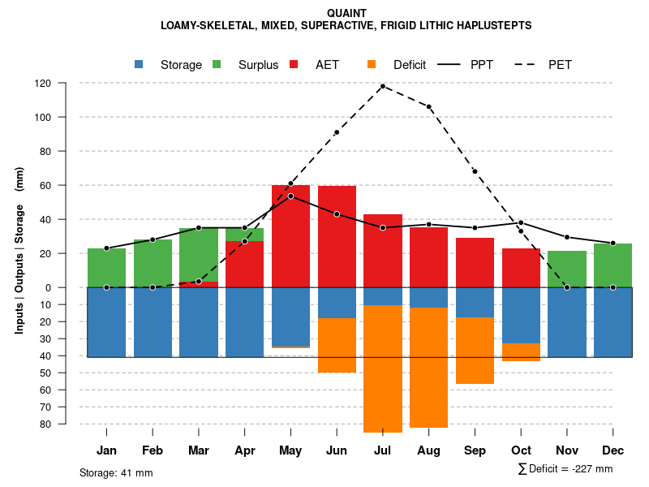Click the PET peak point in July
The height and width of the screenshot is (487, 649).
tap(382, 86)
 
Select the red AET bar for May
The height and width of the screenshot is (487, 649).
tap(290, 236)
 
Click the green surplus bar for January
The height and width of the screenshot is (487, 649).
tap(106, 267)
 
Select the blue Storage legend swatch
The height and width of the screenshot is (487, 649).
tap(140, 65)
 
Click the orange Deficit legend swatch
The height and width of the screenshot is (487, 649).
tap(372, 65)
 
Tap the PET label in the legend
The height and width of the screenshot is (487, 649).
tap(560, 65)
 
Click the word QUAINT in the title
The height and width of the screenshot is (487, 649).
tap(346, 13)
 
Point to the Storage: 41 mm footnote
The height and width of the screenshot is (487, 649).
tap(116, 472)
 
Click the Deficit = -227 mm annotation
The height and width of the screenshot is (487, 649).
tap(565, 469)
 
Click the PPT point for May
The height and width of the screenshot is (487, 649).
tap(290, 196)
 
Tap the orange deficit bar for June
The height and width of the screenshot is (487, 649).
tap(337, 345)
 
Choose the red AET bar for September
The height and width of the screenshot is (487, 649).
tap(475, 262)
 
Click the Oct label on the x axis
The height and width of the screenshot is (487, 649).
tap(521, 450)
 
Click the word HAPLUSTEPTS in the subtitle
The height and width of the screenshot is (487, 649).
tap(494, 26)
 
